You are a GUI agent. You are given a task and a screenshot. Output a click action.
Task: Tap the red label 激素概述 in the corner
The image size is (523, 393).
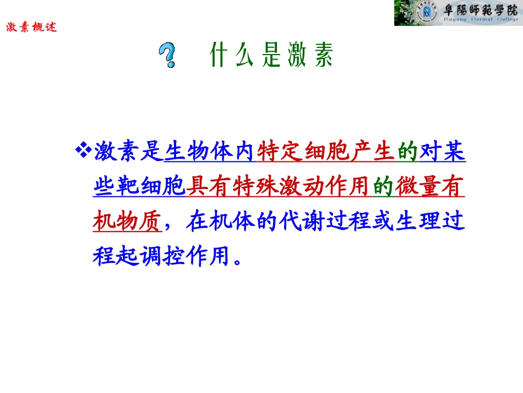pos(31,27)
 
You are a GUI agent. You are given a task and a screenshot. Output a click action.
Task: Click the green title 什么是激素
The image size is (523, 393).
pos(272,55)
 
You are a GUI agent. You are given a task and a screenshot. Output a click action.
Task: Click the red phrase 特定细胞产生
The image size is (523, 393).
pos(325,152)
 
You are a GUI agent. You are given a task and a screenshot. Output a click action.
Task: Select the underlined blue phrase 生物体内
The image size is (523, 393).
pos(210,152)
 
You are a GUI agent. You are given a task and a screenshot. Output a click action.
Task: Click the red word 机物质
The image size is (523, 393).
pos(127,223)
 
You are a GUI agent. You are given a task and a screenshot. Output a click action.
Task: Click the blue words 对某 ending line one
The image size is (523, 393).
pos(443,152)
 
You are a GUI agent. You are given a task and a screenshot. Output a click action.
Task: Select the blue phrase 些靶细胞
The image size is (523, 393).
pos(138,187)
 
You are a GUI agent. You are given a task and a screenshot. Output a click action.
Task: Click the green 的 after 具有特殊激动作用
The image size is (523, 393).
pos(383,187)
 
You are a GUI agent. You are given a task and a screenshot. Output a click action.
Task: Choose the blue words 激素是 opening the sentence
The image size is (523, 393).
pos(127,152)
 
